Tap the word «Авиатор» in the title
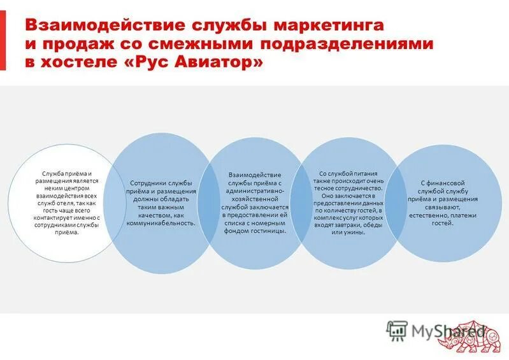coord(220,64)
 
